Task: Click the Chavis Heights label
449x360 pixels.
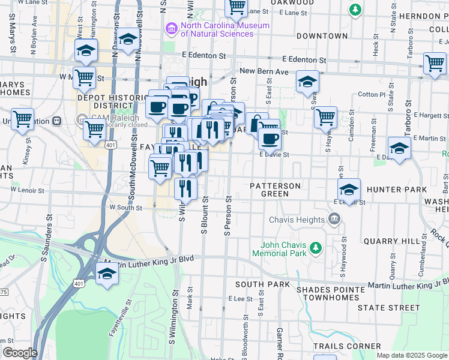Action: click(x=298, y=220)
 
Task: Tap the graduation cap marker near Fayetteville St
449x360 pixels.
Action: click(x=107, y=274)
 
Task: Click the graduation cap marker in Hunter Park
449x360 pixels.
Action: click(x=349, y=190)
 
